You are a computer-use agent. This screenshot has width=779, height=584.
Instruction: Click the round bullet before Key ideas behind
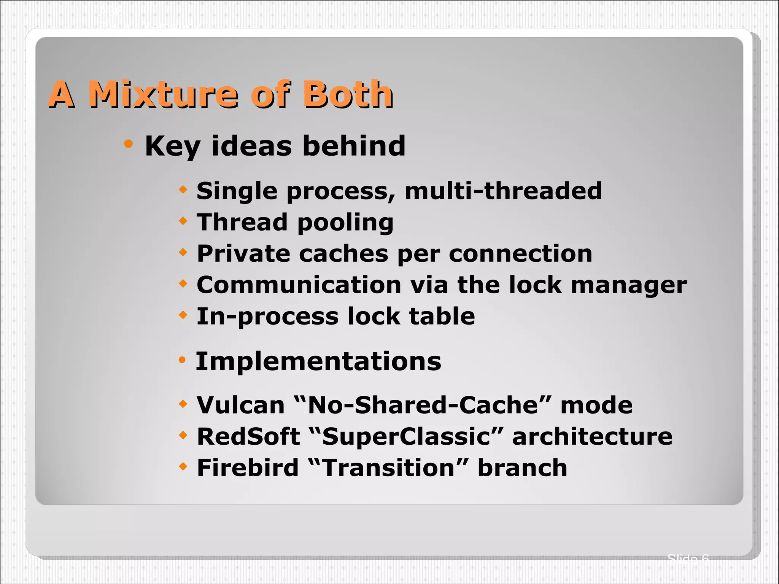129,144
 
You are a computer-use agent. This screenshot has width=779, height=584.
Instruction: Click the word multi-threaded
503,191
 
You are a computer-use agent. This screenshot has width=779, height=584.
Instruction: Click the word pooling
345,223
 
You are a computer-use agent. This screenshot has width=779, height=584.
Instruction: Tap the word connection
520,254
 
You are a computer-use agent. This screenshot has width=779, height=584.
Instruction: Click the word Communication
299,285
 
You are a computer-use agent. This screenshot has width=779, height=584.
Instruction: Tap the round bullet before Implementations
182,360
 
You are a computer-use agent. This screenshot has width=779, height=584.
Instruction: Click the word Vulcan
240,405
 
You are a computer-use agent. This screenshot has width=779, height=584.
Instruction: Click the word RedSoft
248,436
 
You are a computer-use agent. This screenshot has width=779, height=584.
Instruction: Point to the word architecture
592,436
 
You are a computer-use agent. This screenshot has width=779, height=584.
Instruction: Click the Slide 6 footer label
688,559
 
